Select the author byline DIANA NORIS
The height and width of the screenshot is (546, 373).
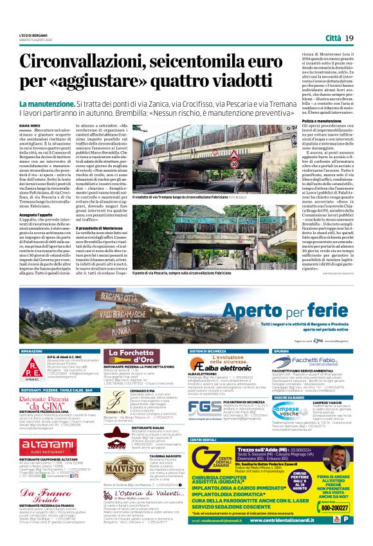30,125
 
